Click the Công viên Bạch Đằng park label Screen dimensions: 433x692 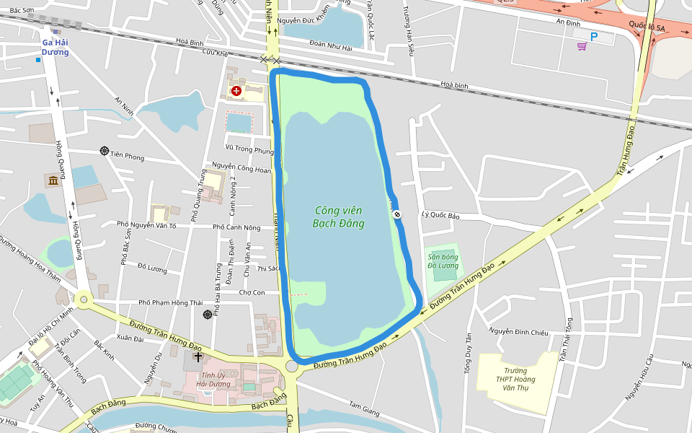click(338, 216)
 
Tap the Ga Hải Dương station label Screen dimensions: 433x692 click(55, 47)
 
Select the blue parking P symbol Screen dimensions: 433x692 click(594, 36)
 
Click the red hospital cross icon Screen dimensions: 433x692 click(236, 90)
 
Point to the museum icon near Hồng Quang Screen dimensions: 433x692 click(53, 180)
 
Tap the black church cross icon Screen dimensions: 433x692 click(198, 357)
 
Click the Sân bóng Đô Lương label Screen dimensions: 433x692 click(443, 261)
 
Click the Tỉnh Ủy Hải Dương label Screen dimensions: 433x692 click(216, 380)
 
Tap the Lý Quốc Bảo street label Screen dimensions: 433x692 click(440, 215)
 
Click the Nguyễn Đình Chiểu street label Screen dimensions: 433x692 click(519, 331)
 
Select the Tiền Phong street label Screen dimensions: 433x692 click(125, 156)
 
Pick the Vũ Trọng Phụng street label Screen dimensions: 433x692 click(249, 151)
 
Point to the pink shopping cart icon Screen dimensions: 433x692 click(582, 46)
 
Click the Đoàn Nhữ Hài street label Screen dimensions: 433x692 click(330, 48)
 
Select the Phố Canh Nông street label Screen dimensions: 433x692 click(236, 227)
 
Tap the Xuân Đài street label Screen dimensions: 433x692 click(130, 338)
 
